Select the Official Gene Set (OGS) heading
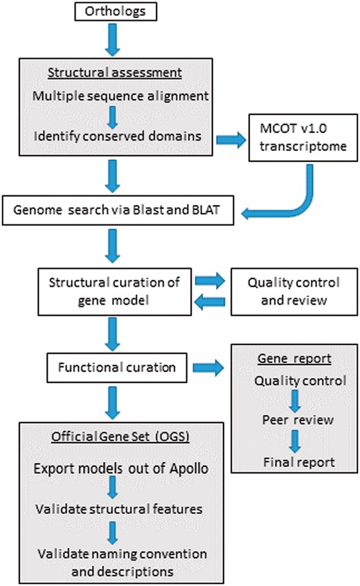coord(113,438)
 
